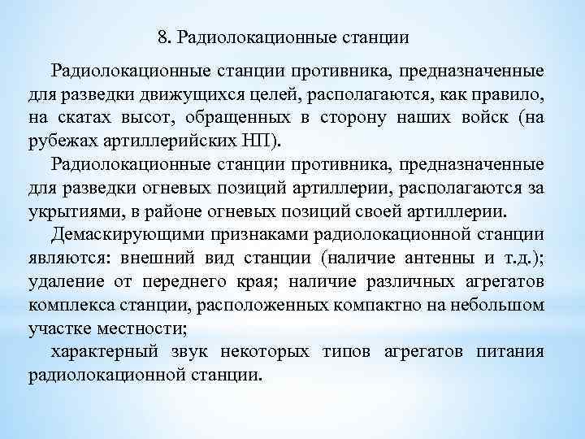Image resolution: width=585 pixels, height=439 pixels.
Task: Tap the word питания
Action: (x=513, y=354)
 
